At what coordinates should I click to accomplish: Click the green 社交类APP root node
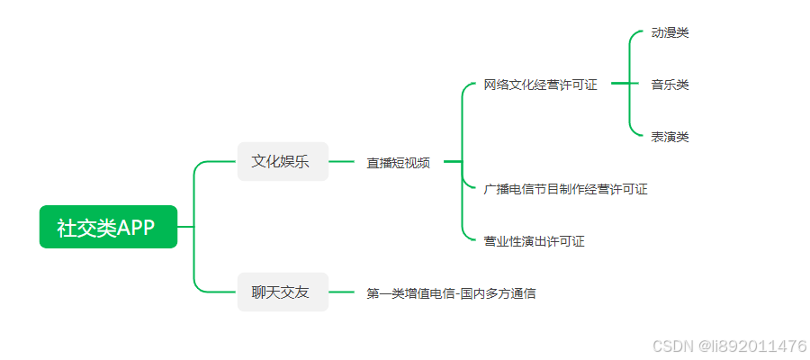click(108, 227)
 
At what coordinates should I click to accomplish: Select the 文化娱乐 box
click(283, 162)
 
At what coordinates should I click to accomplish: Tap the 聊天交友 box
click(283, 292)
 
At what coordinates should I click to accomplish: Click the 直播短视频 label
click(398, 163)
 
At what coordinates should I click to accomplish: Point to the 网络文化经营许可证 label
click(540, 85)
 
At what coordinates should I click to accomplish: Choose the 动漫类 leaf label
click(670, 33)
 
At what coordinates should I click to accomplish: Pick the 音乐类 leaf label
click(670, 85)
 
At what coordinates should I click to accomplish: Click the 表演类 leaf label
click(670, 137)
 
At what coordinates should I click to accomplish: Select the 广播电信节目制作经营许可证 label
click(565, 189)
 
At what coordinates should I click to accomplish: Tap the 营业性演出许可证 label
click(534, 241)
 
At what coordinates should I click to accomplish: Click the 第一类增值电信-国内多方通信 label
click(451, 292)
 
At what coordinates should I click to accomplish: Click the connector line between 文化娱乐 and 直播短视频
click(342, 162)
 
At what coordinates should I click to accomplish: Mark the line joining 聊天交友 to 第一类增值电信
click(342, 292)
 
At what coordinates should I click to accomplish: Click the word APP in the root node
click(136, 228)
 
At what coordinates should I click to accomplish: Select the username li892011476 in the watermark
click(760, 346)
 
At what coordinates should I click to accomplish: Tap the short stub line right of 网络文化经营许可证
click(619, 84)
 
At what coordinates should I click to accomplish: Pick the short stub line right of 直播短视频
click(452, 162)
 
